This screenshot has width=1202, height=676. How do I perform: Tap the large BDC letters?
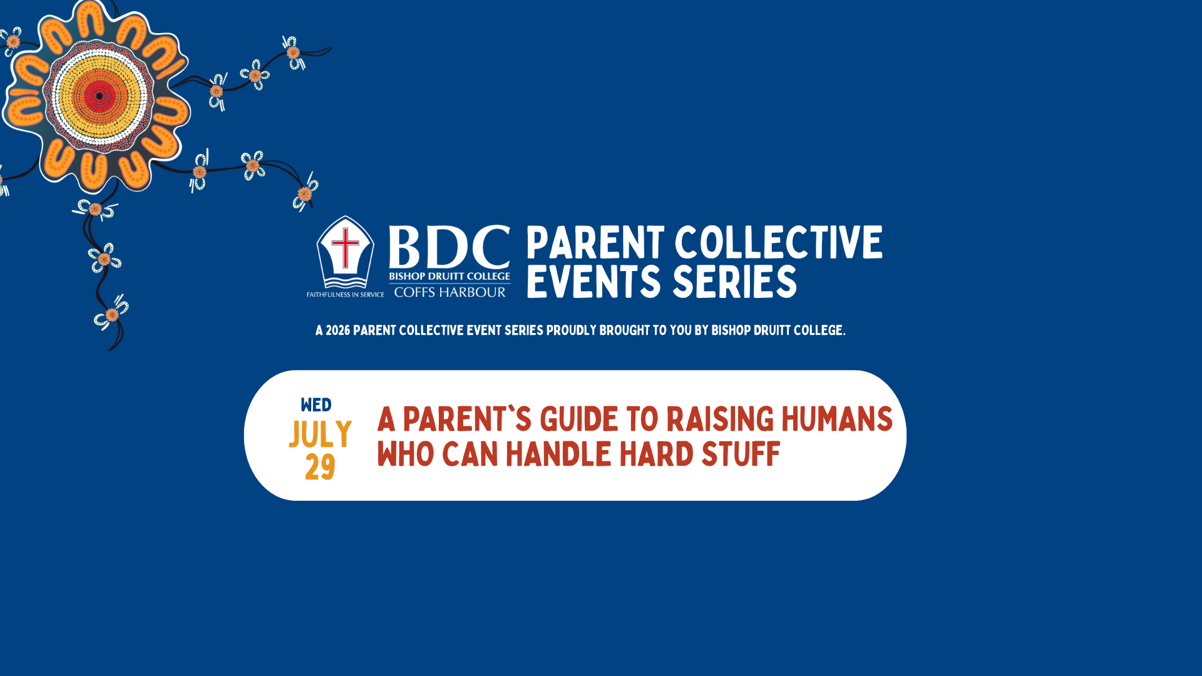click(449, 247)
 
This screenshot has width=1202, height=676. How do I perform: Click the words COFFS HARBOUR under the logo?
click(449, 292)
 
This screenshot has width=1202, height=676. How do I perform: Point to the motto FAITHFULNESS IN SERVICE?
click(346, 295)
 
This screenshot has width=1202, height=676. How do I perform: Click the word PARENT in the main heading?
click(595, 243)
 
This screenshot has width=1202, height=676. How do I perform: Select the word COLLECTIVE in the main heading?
click(779, 243)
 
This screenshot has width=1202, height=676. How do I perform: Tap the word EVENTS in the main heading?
click(594, 282)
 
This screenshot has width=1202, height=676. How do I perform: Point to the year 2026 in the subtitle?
click(338, 330)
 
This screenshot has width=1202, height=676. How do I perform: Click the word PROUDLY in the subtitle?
click(572, 330)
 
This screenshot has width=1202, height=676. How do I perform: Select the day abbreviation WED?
click(316, 405)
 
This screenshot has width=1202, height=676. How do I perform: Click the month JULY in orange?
click(321, 434)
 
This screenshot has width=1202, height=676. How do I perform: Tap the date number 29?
click(321, 468)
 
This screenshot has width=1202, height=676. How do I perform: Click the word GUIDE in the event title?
click(579, 419)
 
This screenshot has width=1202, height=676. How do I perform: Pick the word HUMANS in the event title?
click(837, 419)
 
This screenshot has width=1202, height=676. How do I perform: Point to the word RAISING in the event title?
click(721, 419)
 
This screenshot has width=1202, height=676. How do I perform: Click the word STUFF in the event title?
click(741, 454)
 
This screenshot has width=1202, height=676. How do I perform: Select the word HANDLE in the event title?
click(558, 454)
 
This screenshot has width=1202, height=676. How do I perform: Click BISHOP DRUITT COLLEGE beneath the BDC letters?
click(449, 276)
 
